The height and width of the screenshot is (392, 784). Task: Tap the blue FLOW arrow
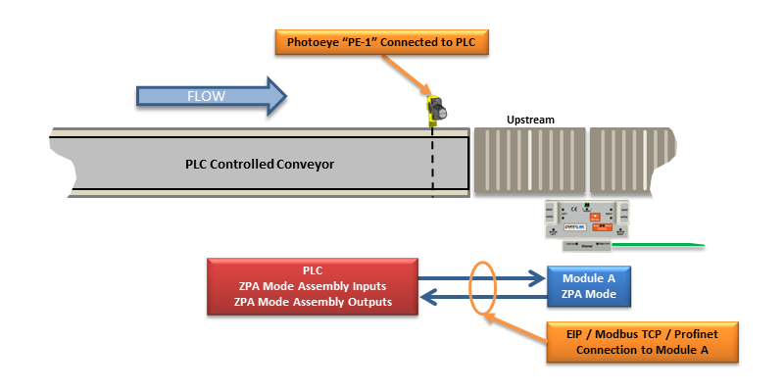211,96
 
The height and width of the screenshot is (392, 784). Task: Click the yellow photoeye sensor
435,111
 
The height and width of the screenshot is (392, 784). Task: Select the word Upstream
530,120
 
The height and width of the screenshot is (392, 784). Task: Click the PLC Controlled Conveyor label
260,164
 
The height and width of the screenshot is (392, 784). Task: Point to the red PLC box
313,286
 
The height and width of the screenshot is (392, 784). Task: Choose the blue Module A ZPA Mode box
588,285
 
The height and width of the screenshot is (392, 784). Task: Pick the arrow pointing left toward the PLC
480,295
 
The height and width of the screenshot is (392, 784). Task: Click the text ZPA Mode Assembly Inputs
313,286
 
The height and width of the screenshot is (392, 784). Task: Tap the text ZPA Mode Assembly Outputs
313,302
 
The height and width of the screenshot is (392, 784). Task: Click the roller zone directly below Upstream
529,160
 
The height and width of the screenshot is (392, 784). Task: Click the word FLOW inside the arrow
206,96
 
